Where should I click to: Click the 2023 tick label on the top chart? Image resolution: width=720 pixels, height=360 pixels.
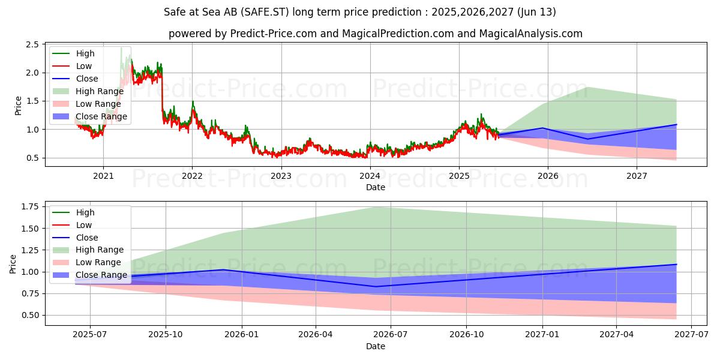(281, 176)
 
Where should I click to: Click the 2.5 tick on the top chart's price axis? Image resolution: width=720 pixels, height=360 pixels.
(33, 45)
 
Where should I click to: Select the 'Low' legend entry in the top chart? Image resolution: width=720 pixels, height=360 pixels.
(84, 66)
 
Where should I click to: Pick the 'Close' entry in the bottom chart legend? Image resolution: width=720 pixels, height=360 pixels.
(87, 238)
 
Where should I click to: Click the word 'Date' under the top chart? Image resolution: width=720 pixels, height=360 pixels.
(376, 187)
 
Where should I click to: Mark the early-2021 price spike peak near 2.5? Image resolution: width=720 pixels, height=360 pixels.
(121, 47)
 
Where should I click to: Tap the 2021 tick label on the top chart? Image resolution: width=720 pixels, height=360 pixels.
(103, 176)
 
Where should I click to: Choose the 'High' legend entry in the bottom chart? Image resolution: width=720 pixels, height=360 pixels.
(85, 212)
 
